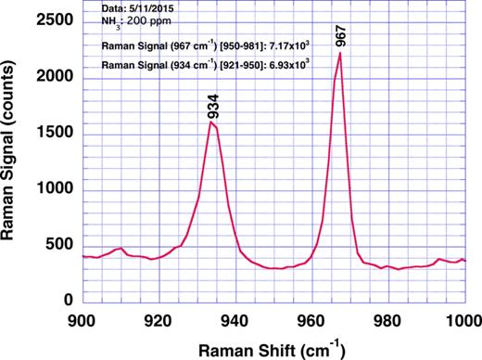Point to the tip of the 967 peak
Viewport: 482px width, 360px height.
[x=340, y=53]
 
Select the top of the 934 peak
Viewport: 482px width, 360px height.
[x=211, y=122]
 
